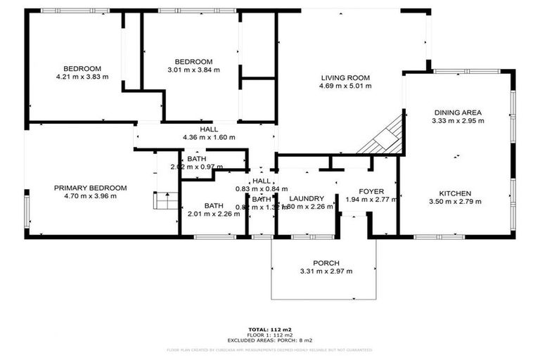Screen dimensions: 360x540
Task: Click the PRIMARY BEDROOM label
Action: coord(91,188)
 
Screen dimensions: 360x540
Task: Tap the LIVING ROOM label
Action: coord(345,77)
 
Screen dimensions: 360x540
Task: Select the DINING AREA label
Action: coord(457,112)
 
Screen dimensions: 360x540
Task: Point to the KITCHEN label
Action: coord(456,193)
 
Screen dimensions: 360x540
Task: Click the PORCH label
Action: coord(326,263)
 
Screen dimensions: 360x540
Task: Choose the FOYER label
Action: coord(371,191)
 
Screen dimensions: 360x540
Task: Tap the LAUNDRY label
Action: coord(306,198)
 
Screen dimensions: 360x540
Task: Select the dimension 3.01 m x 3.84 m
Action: coord(193,70)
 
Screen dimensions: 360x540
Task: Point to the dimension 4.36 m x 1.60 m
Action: coord(209,137)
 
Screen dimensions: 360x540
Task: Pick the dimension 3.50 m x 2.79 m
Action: coord(456,202)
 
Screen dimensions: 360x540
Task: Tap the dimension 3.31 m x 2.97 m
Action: coord(326,271)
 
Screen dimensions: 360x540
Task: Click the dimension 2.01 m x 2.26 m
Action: coord(214,214)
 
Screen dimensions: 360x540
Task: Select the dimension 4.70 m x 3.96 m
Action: coord(91,196)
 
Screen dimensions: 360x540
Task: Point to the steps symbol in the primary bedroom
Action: coord(165,202)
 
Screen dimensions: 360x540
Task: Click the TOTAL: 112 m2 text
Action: coord(270,329)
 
